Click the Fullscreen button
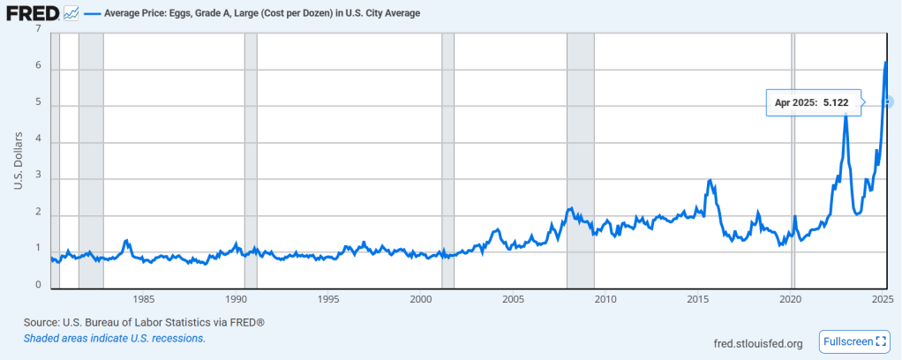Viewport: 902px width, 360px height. [x=854, y=341]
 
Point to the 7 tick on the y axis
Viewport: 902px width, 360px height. [x=38, y=29]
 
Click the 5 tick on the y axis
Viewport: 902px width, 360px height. [x=38, y=106]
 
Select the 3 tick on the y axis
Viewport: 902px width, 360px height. [x=38, y=179]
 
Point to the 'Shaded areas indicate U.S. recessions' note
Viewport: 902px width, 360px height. [x=115, y=338]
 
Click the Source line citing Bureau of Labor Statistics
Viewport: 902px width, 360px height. [x=144, y=323]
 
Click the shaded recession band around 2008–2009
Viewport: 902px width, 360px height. [x=580, y=159]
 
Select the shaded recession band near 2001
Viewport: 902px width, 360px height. [x=447, y=159]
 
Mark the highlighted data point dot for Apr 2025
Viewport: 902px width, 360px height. [x=888, y=102]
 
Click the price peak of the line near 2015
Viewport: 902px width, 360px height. [x=710, y=180]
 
